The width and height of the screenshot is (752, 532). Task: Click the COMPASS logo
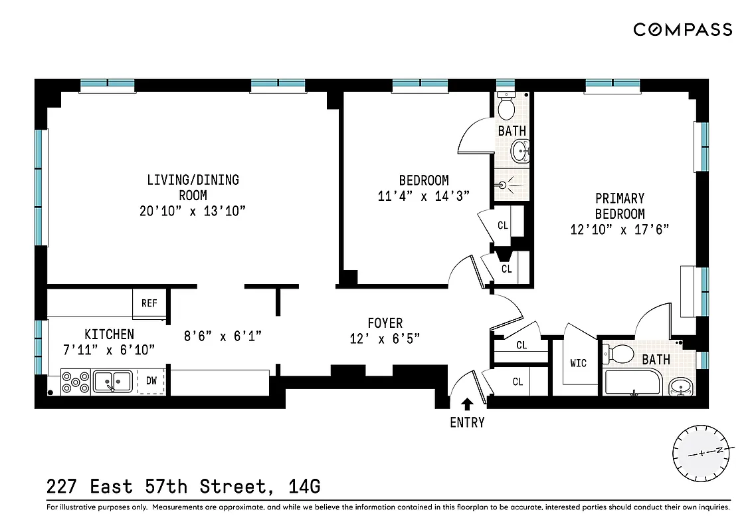click(682, 29)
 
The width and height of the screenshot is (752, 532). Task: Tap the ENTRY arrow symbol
click(468, 403)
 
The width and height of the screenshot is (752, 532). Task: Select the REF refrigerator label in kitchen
click(149, 303)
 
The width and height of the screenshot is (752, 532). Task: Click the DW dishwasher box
click(151, 381)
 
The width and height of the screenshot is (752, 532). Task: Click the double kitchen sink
click(112, 381)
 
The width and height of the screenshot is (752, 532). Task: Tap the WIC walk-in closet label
click(578, 363)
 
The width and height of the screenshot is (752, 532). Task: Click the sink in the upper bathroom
click(520, 152)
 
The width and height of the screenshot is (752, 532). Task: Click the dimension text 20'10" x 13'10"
click(193, 211)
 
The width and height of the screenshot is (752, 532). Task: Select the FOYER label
click(385, 323)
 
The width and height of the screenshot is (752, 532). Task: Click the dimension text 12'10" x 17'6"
click(619, 229)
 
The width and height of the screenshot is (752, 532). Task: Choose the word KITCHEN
click(109, 334)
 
